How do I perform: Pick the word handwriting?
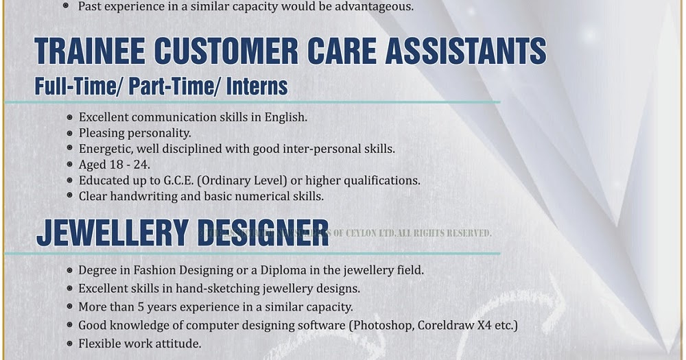tap(144, 196)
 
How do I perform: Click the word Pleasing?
tap(102, 133)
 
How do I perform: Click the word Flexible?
tap(100, 344)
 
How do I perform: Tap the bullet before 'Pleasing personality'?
tap(69, 133)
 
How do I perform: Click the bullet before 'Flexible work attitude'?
tap(69, 344)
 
